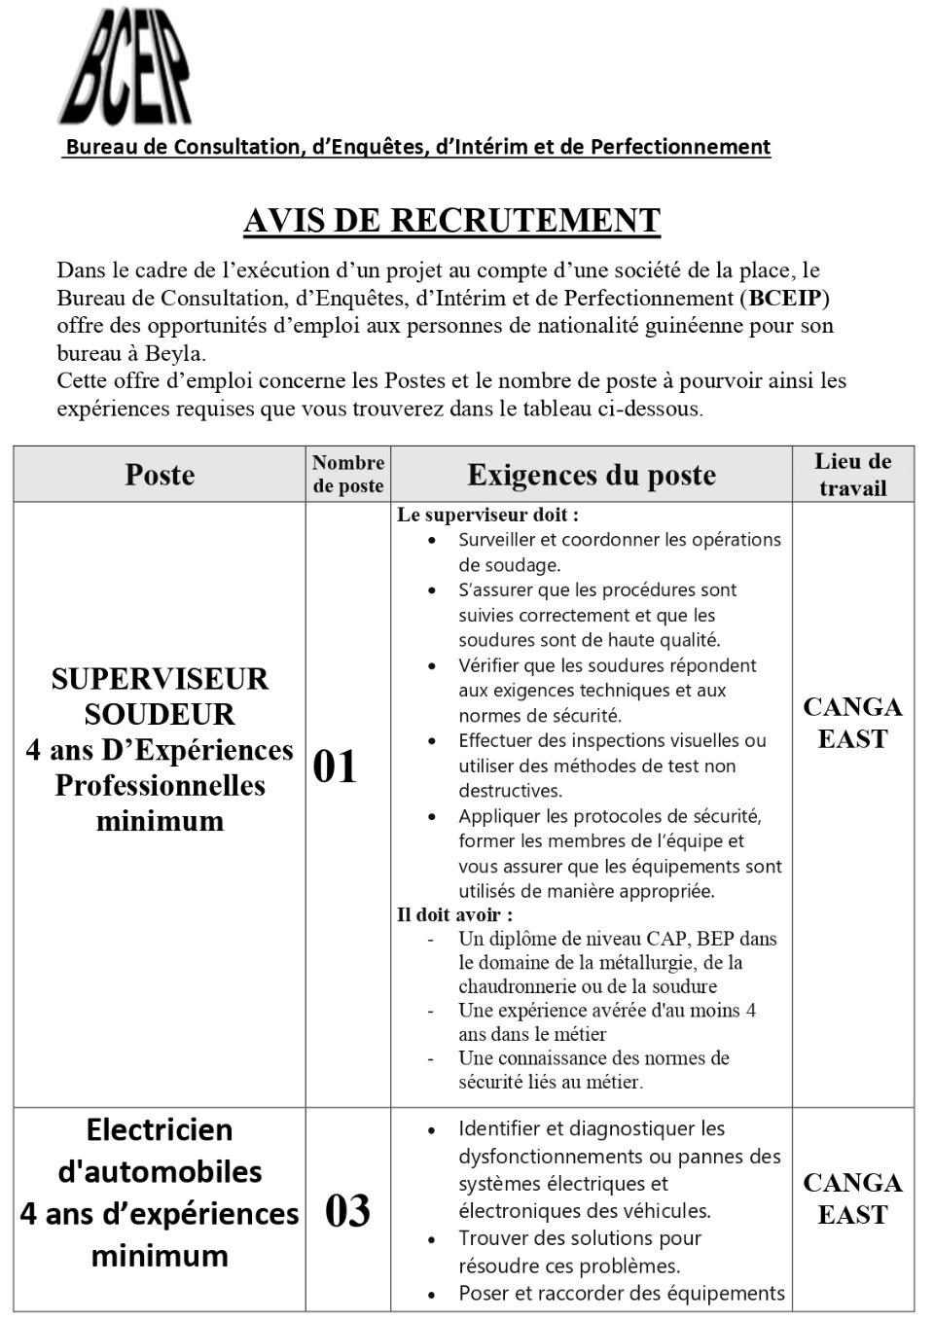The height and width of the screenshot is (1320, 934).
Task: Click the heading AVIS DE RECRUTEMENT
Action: (451, 221)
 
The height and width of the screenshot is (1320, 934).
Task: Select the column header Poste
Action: (160, 475)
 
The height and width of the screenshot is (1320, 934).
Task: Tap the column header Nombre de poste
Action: (348, 474)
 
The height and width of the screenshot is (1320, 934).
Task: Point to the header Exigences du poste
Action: (592, 475)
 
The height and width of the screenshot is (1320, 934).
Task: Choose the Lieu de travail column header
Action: (852, 474)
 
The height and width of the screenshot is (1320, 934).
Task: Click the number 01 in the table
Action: (336, 767)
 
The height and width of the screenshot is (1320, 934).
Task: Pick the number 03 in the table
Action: (347, 1211)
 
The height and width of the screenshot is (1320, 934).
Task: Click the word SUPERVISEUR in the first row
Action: (160, 679)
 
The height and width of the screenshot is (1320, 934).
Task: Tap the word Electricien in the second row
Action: (160, 1130)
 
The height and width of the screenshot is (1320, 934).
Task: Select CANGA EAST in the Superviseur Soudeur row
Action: (852, 723)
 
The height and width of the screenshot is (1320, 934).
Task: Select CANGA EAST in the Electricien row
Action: (852, 1198)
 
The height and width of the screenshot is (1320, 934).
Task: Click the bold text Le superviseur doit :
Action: (487, 515)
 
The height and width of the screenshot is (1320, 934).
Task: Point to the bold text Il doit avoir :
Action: (454, 914)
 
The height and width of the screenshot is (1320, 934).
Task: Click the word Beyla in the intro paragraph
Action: (173, 353)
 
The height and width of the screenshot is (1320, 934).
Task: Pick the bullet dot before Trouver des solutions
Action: (432, 1239)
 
